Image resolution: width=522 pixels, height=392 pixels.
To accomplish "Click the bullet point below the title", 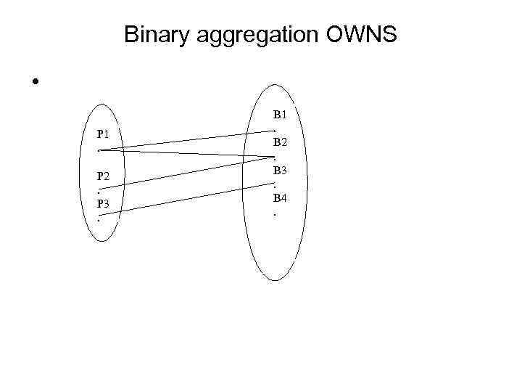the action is pos(35,81).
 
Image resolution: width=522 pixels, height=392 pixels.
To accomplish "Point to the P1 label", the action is pos(103,134).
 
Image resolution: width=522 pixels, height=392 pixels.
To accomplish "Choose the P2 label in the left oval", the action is pos(103,176).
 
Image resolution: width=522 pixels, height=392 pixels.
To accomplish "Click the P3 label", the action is pos(103,205).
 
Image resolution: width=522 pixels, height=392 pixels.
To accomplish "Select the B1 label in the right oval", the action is pos(281,115).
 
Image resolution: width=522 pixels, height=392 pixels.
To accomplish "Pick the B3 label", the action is pos(281,171).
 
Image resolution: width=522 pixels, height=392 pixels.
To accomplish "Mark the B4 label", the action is pos(281,198).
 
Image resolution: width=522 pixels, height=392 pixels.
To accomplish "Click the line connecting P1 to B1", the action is pos(188,140).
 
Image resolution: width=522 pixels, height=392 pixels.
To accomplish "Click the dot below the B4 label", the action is pos(275,213).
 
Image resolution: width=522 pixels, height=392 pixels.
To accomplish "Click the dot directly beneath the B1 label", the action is pos(275,130).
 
